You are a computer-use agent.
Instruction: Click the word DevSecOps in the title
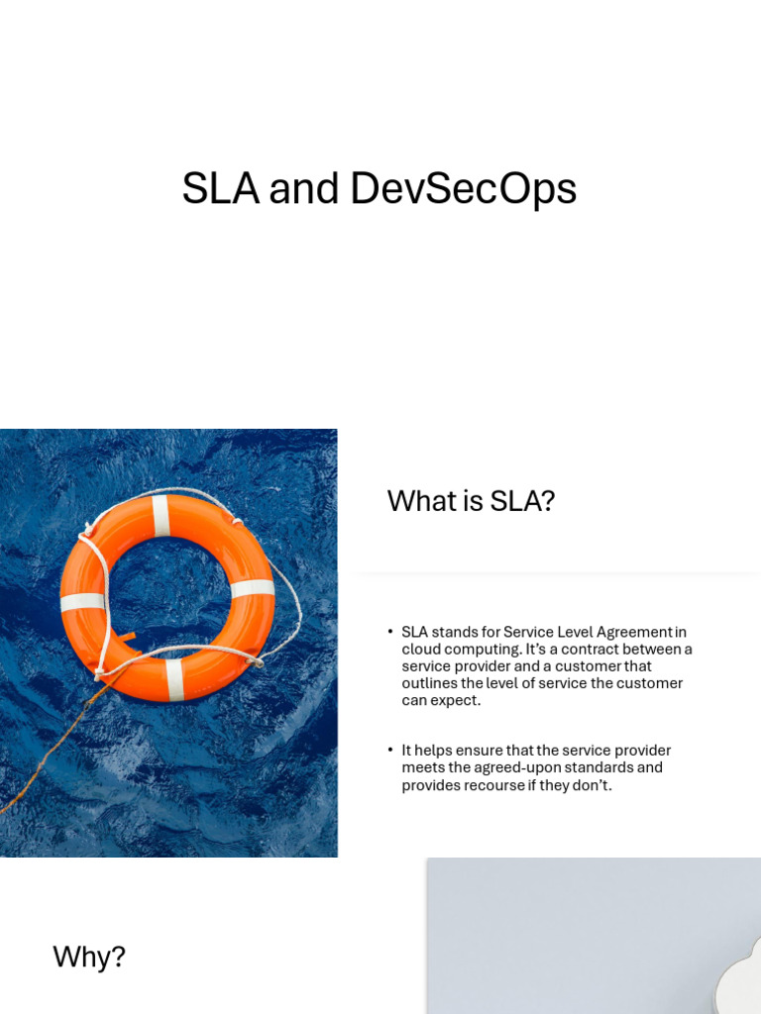point(463,190)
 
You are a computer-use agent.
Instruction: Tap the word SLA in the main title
point(220,189)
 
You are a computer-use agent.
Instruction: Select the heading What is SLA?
point(471,501)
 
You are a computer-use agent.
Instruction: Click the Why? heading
point(89,957)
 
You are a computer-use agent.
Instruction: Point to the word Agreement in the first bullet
point(633,632)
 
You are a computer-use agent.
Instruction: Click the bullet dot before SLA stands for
point(390,632)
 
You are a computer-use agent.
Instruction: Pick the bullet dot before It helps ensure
point(390,751)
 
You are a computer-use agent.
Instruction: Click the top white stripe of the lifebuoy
point(162,515)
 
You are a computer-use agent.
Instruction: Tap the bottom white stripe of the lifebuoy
point(174,679)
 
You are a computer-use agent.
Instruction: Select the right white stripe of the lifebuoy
point(252,588)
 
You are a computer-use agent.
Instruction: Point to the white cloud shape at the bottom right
point(738,980)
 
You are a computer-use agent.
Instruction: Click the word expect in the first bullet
point(456,700)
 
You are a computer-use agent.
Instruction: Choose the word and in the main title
point(304,189)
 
